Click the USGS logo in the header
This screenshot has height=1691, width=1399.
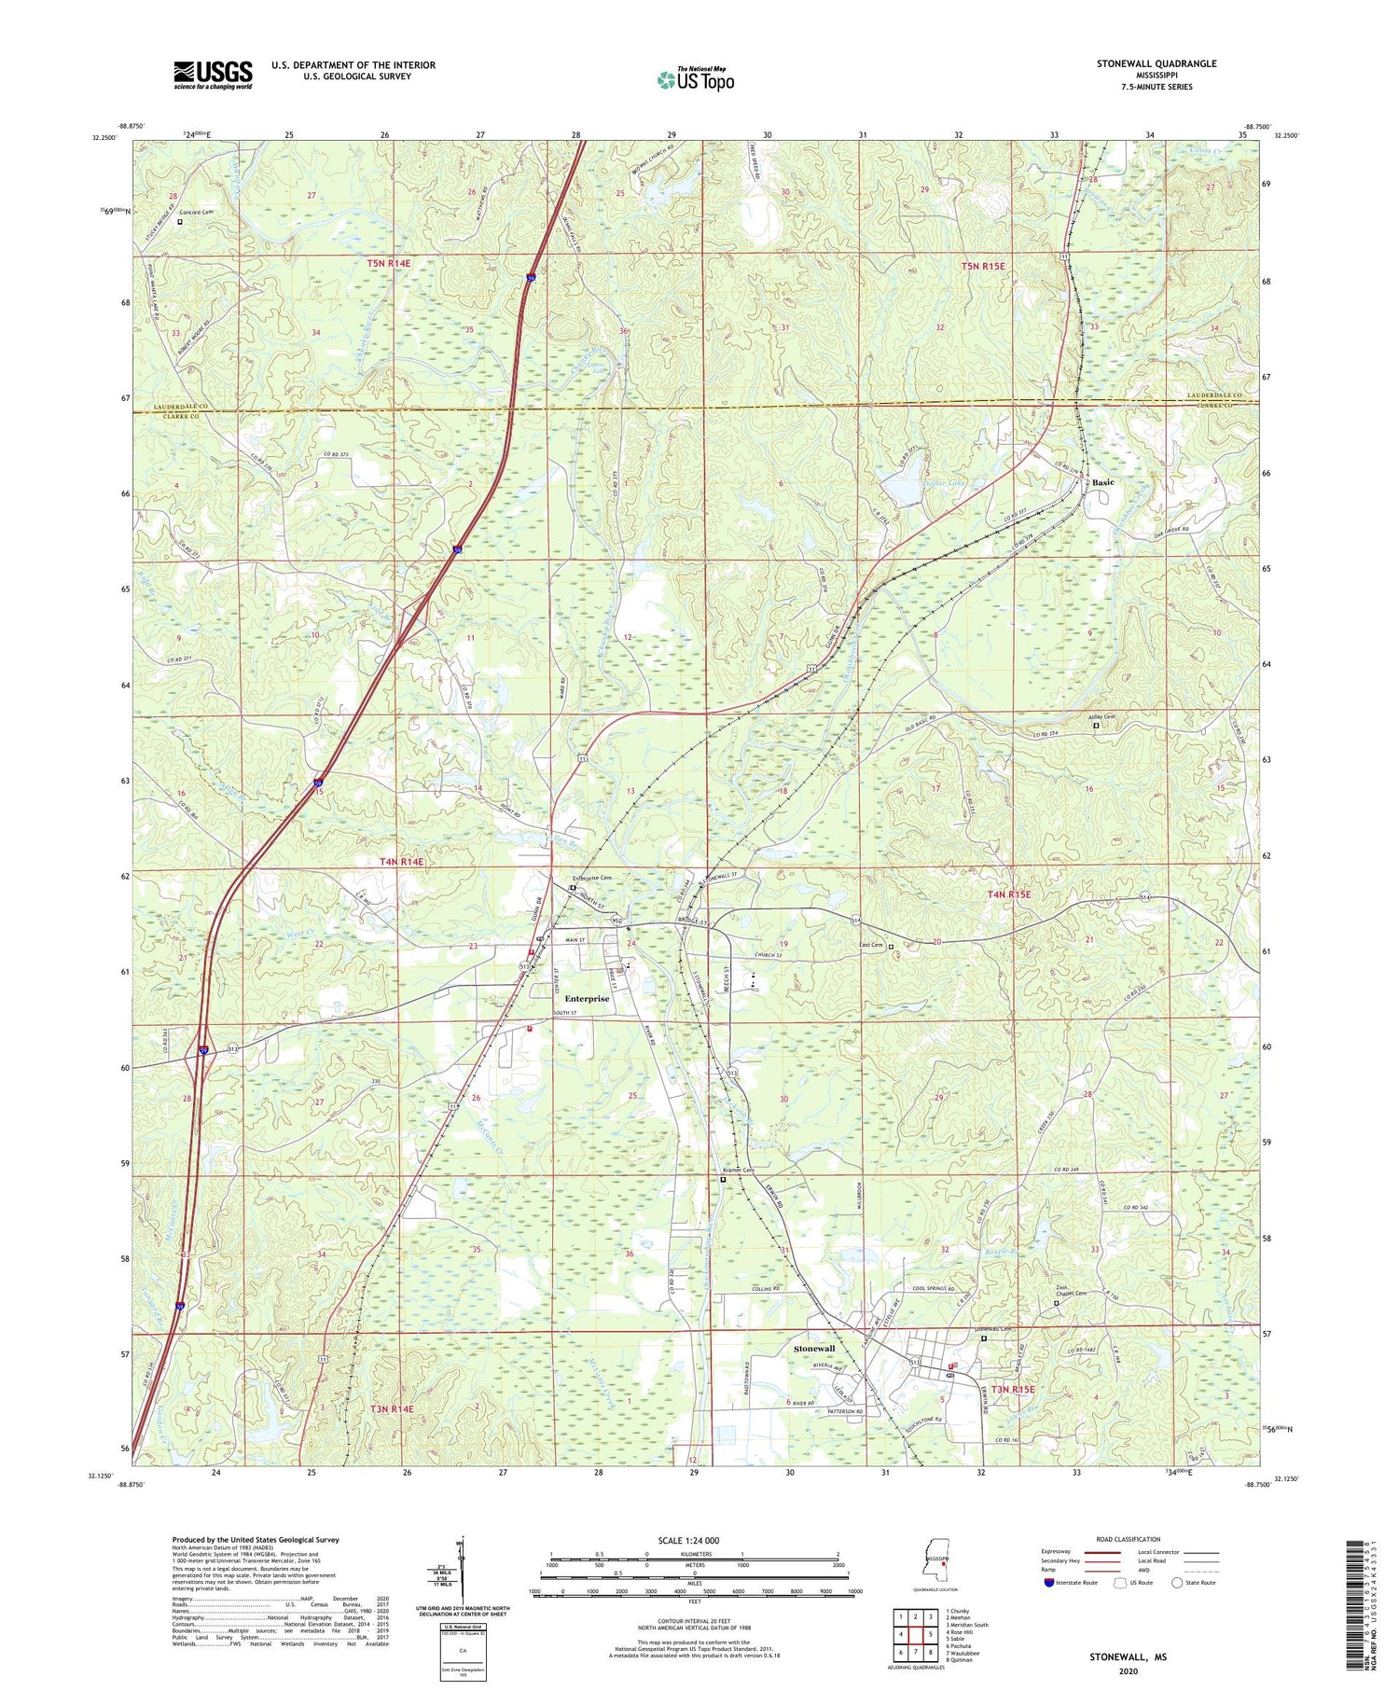[213, 75]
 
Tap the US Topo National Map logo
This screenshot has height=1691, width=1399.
[696, 79]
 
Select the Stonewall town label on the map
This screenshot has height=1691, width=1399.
[813, 1350]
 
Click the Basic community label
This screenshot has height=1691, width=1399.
[1103, 482]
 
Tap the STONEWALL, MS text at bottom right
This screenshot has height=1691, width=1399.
[1128, 1657]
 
